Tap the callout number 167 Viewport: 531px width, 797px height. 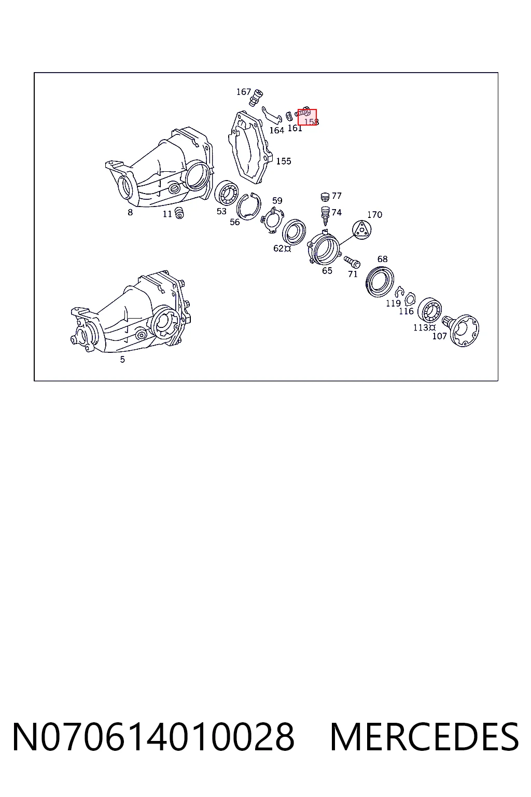244,92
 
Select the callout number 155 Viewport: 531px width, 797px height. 284,161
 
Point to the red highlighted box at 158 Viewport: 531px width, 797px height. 308,117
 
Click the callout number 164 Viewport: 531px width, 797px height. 276,131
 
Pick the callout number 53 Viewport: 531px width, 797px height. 221,211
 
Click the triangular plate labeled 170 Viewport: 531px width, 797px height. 362,229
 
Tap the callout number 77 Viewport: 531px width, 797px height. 337,196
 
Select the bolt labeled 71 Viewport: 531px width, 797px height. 352,262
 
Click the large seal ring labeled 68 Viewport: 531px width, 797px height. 380,281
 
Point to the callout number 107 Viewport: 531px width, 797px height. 439,336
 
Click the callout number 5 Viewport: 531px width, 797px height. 122,360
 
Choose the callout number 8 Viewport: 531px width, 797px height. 130,212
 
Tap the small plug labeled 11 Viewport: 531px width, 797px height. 179,212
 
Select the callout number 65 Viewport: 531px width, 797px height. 327,271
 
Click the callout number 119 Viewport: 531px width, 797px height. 394,303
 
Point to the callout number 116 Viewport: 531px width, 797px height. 406,311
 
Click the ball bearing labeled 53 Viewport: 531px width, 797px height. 227,193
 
